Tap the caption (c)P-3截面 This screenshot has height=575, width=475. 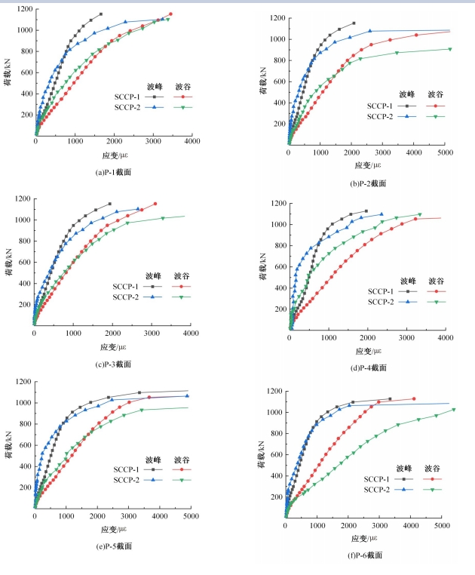(114, 364)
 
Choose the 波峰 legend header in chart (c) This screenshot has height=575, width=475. (155, 275)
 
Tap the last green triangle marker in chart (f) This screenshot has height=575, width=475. (454, 410)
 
